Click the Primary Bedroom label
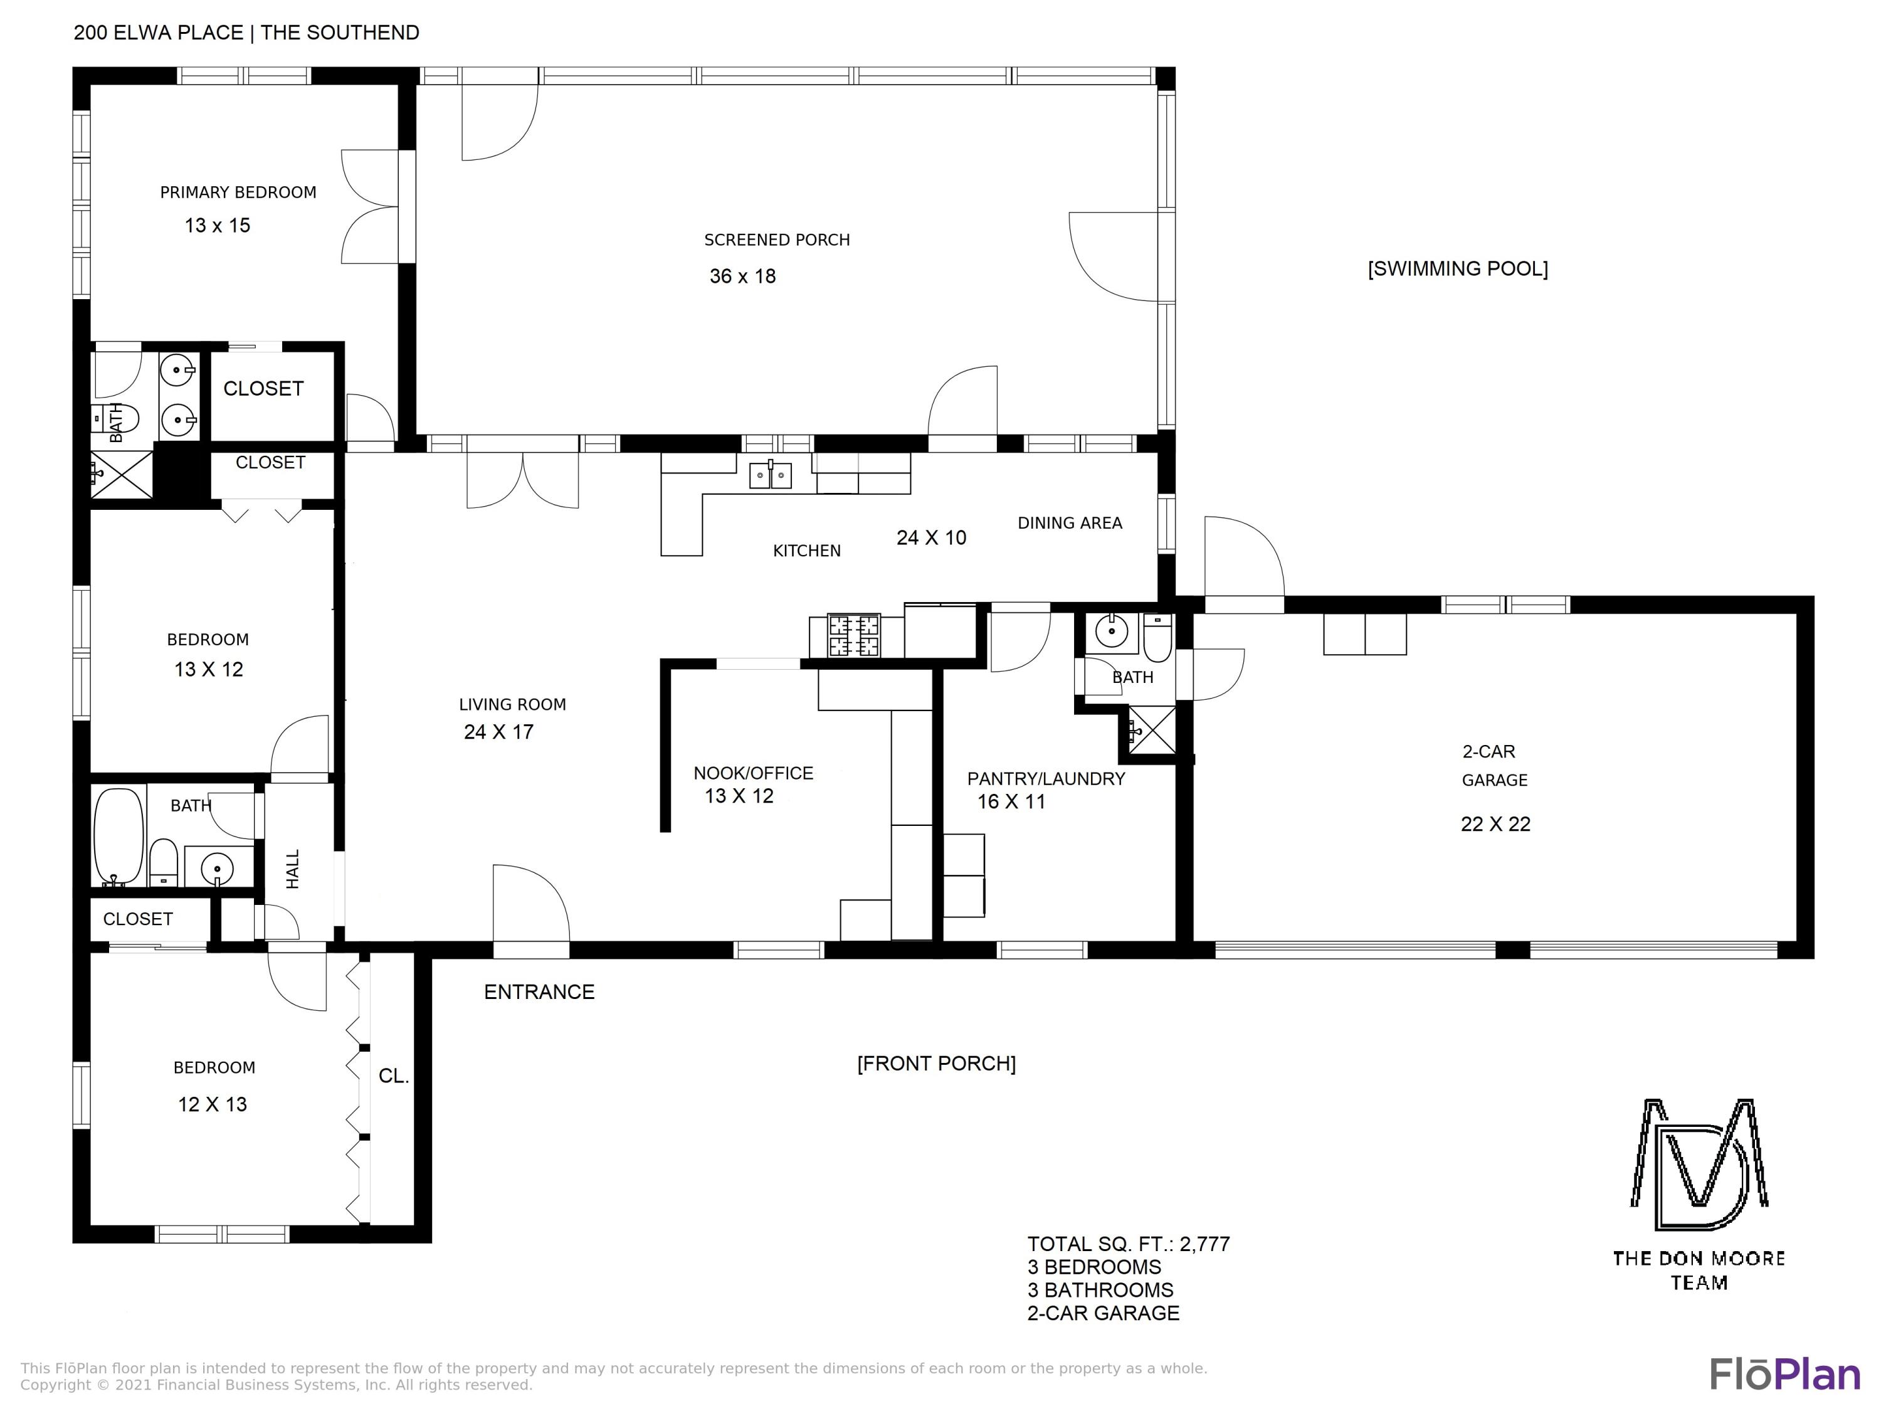238,193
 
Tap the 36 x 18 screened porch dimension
742,277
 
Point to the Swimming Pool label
1458,269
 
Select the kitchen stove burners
854,635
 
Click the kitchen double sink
771,475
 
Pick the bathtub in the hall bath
119,838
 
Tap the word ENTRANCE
539,991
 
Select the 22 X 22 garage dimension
1495,824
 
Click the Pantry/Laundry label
1046,778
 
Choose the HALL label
293,869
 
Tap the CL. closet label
394,1076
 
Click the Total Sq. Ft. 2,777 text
1129,1244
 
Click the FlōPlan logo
1785,1375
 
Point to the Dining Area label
1070,523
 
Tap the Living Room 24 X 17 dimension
498,732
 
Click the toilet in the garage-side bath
1157,638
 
